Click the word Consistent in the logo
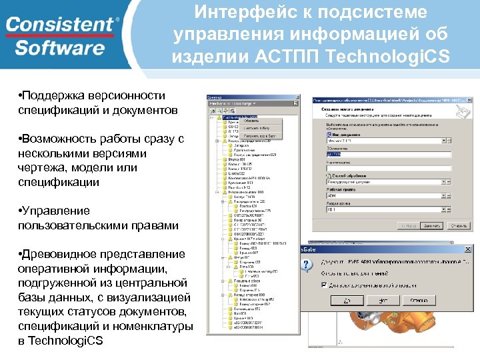[x=60, y=25]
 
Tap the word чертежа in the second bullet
[x=39, y=167]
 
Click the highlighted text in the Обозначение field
[x=333, y=155]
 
